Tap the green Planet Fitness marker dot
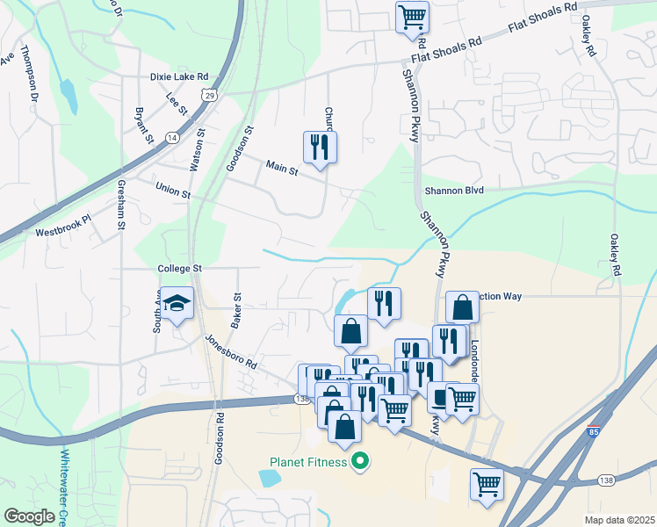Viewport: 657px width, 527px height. point(358,461)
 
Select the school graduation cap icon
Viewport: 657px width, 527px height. point(177,304)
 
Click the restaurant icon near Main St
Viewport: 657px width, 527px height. point(320,148)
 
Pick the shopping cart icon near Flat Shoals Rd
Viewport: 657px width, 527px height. point(412,17)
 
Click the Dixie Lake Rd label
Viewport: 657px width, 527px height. point(178,76)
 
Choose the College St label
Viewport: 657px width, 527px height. point(180,268)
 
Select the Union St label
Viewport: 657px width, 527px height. point(172,190)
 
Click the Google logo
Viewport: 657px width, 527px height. point(30,516)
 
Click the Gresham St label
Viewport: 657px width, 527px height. point(120,204)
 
